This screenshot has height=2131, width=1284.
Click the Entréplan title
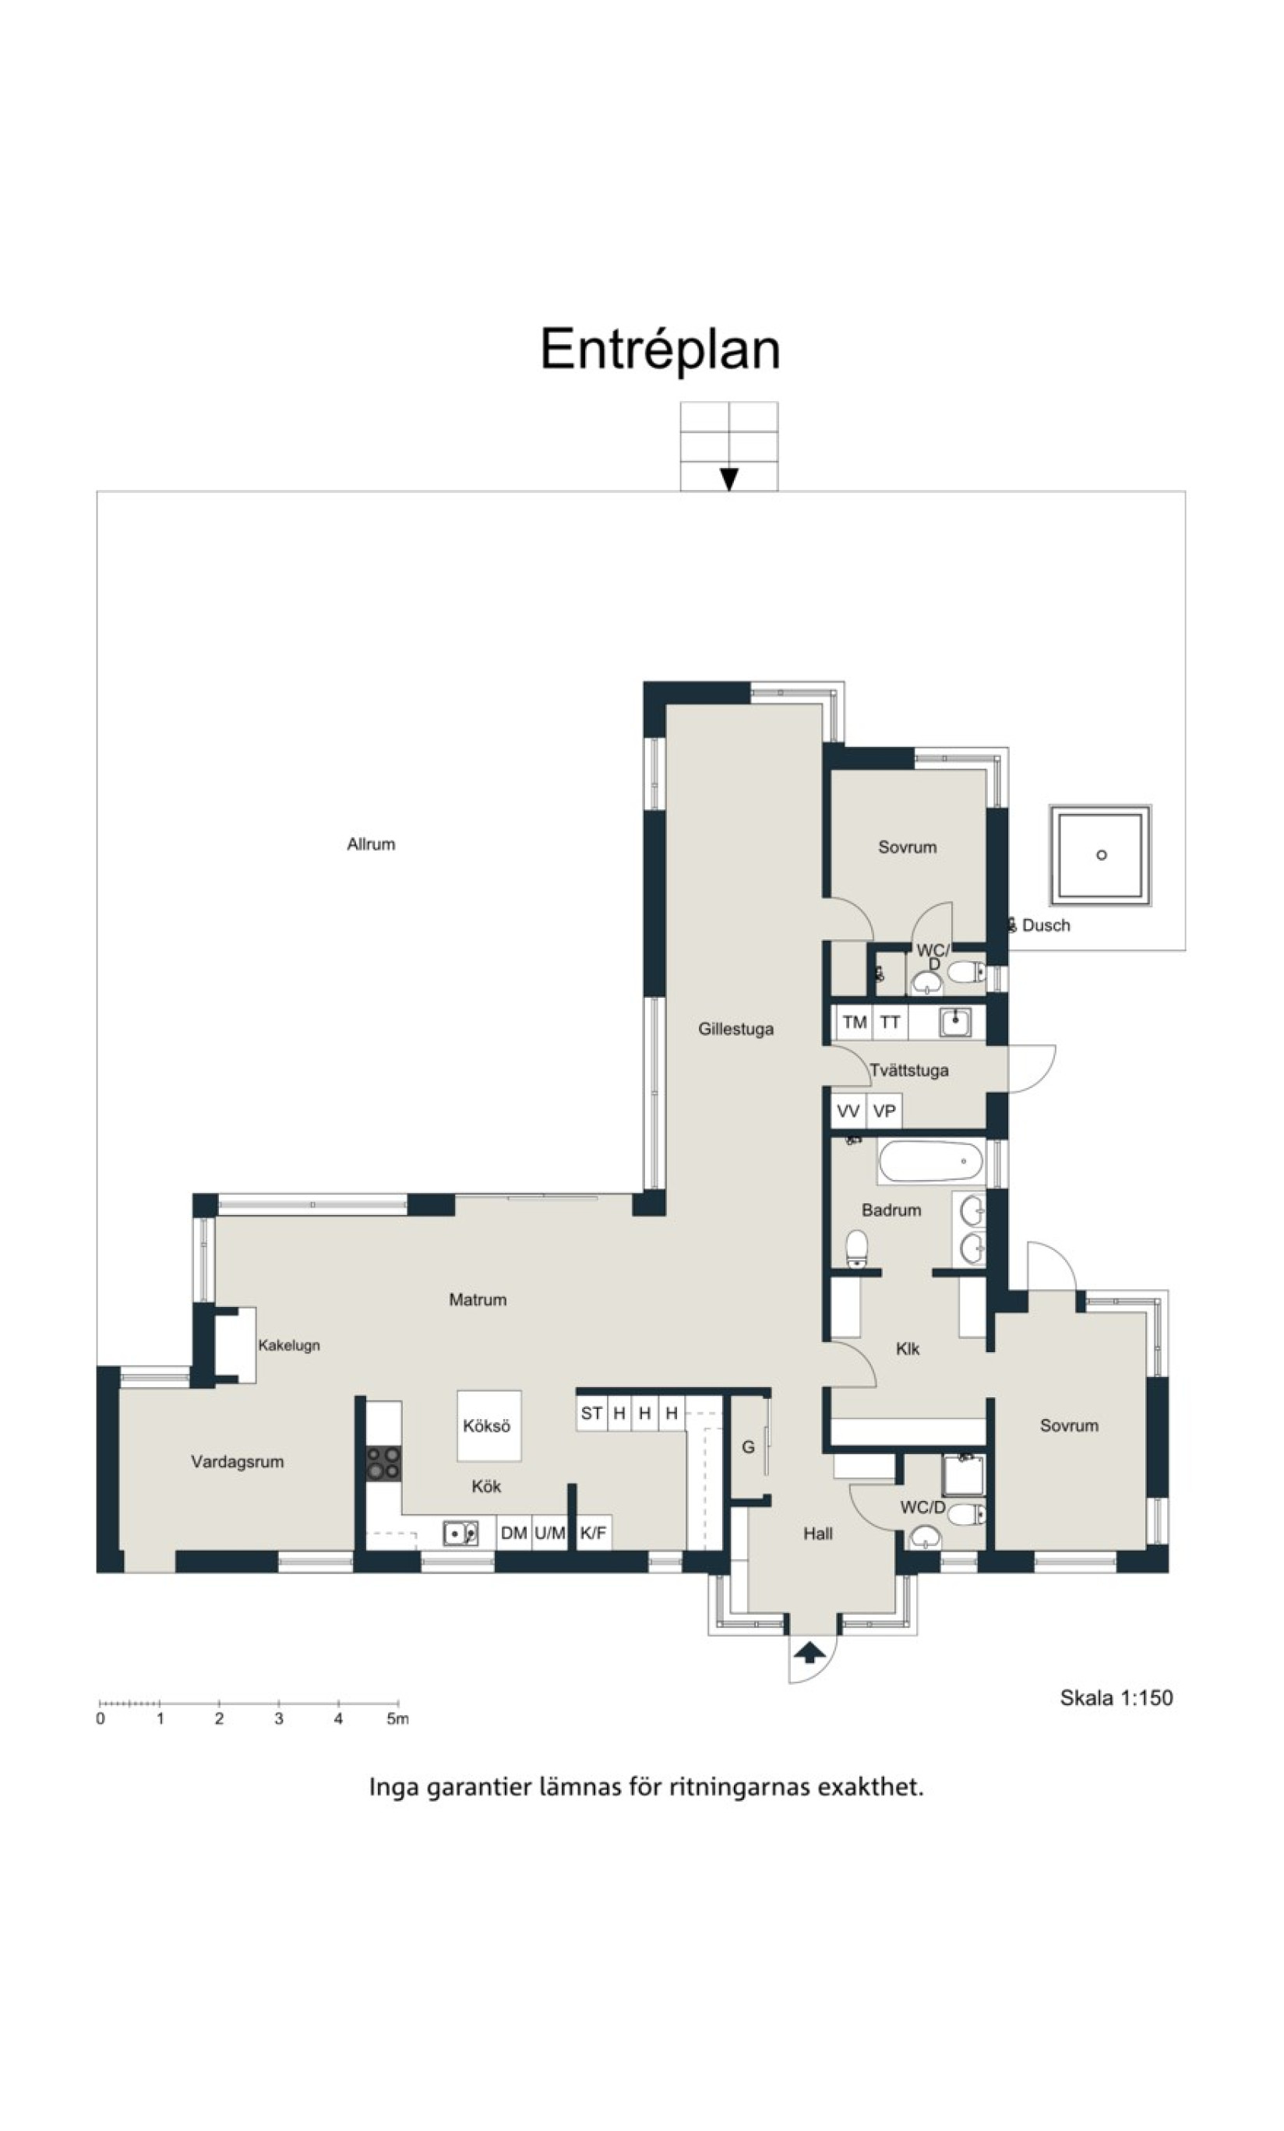(660, 350)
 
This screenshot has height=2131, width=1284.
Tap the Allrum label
(371, 844)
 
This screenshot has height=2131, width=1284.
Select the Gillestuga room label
(736, 1029)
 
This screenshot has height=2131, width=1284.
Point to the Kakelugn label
(289, 1345)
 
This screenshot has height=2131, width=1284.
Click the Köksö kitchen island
(489, 1425)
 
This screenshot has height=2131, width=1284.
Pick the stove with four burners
(383, 1463)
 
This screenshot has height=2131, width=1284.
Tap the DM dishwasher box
(514, 1533)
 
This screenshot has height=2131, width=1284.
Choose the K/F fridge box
(594, 1533)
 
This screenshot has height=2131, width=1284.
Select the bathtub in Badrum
(931, 1161)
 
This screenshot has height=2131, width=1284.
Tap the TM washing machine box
(855, 1022)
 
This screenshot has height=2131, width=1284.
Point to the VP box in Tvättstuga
(884, 1111)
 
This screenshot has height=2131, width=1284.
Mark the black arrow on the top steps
(729, 479)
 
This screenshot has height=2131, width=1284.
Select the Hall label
(817, 1534)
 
